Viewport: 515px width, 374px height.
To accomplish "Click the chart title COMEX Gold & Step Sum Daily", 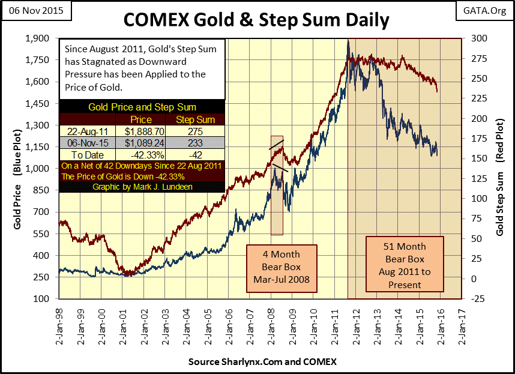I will (x=256, y=19).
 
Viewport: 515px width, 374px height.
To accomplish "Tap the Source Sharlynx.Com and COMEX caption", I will (x=262, y=362).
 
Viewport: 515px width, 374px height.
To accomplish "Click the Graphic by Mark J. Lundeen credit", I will (x=142, y=187).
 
